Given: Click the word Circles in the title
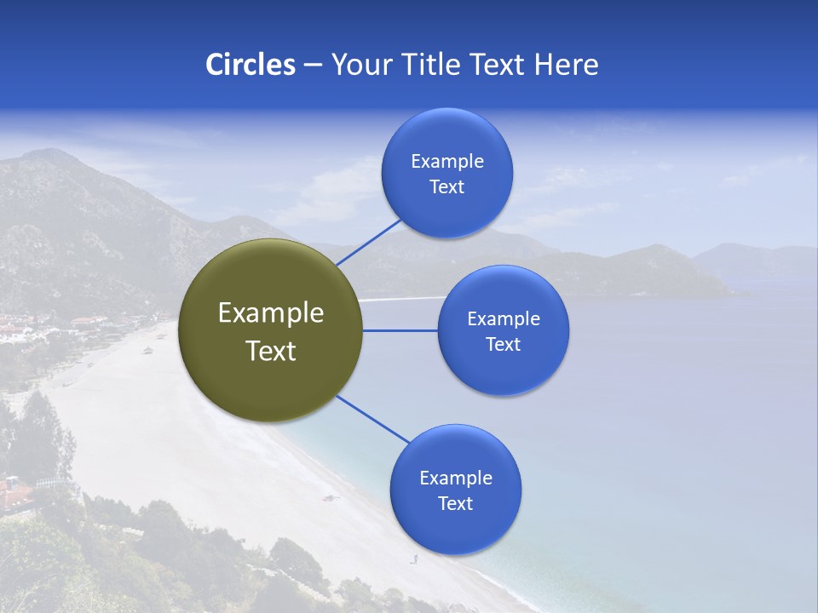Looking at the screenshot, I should tap(251, 65).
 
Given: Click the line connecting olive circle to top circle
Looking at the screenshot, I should tap(368, 242).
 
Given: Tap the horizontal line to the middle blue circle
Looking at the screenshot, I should tap(400, 330).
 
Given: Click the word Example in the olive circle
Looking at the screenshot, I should tap(271, 313).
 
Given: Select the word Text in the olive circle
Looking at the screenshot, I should tap(271, 351).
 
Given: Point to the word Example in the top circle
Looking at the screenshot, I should tap(447, 162).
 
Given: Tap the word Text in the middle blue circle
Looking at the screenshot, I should tap(503, 344).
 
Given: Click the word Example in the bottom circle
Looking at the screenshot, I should tap(456, 478).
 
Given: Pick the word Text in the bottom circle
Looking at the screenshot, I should tap(455, 503).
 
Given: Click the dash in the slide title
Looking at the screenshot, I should tap(313, 65).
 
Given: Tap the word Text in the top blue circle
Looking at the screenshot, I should tap(446, 187).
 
